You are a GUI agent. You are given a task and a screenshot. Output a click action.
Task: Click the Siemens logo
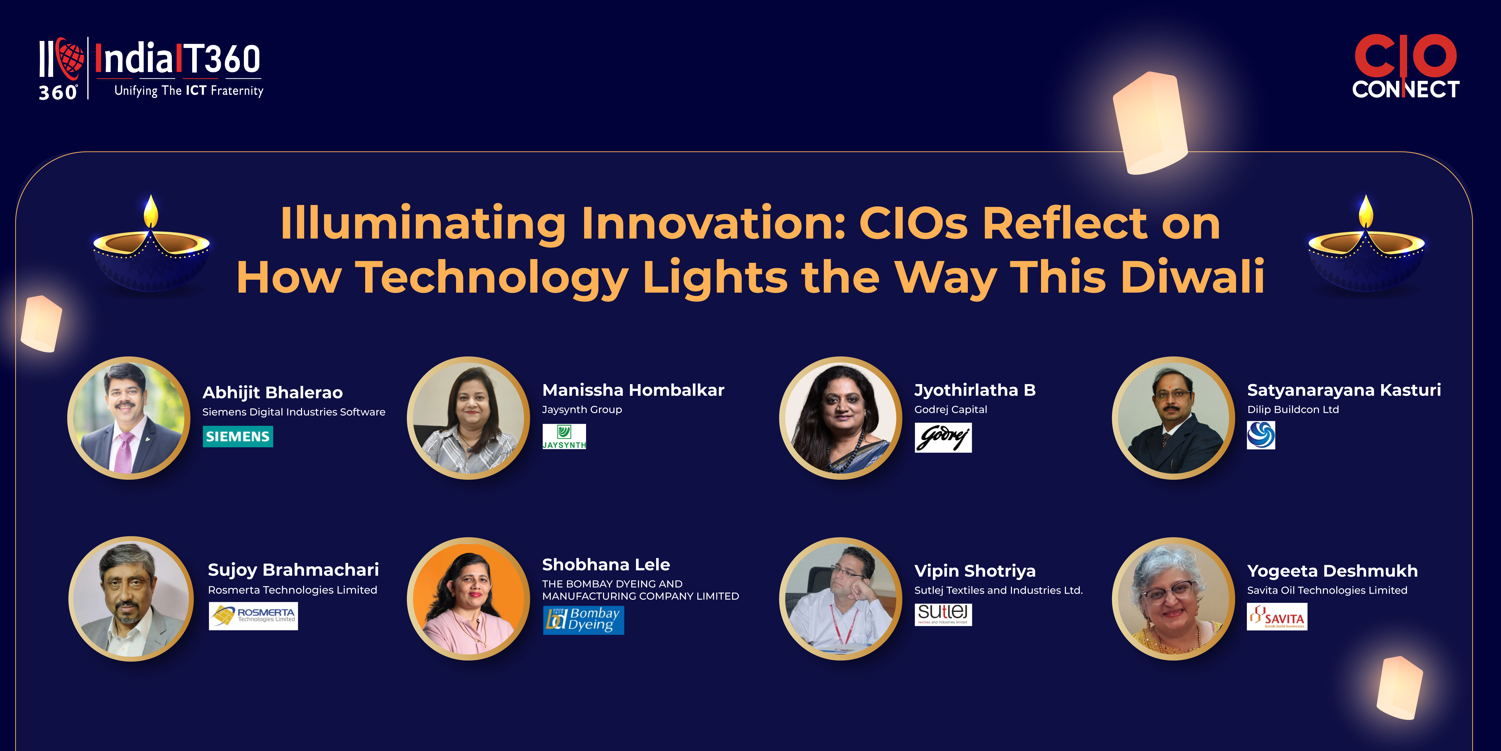tap(238, 436)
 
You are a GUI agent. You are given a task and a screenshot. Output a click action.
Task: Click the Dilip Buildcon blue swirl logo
tap(1261, 435)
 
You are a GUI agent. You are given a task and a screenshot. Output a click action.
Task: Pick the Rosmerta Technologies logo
tap(253, 616)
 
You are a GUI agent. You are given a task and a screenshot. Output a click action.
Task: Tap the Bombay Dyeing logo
tap(583, 620)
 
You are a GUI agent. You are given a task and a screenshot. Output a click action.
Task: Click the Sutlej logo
tap(943, 614)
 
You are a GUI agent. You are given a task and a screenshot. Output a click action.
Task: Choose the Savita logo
tap(1277, 617)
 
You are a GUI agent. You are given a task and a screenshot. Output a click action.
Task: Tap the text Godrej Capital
tap(950, 409)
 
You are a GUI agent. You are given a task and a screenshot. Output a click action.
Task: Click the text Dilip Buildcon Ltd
tap(1293, 409)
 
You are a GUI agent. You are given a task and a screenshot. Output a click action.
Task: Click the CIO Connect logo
tap(1405, 66)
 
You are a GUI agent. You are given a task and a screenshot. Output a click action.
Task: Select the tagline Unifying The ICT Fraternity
tap(189, 90)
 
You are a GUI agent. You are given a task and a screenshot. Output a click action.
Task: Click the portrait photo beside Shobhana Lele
tap(469, 599)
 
